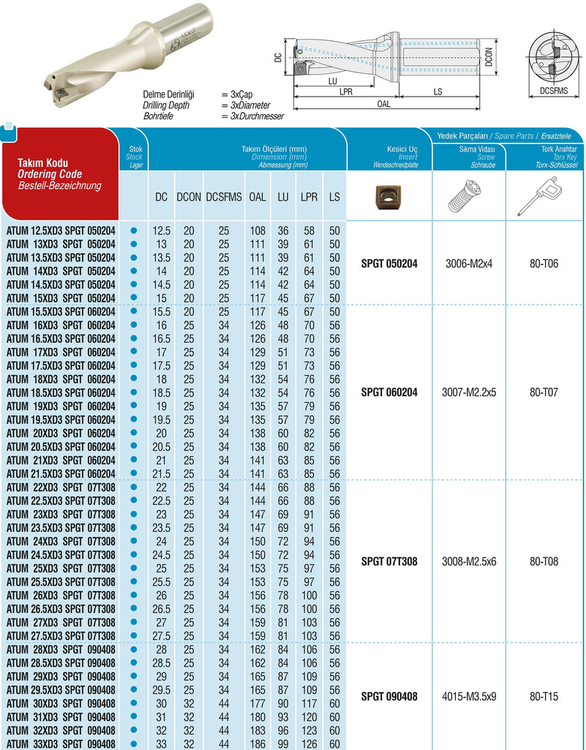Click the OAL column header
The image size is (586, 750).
(258, 197)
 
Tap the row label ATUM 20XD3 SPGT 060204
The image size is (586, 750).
(61, 434)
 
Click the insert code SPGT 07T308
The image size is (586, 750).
(389, 562)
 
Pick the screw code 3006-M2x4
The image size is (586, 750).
(469, 264)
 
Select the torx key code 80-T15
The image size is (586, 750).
(544, 697)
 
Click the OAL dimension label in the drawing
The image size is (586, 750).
(384, 104)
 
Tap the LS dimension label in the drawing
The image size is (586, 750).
(437, 92)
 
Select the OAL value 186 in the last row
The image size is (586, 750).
(258, 743)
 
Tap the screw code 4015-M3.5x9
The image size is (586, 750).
(469, 697)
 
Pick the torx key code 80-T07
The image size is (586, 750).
(544, 393)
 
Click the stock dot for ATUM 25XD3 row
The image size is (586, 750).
(133, 568)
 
